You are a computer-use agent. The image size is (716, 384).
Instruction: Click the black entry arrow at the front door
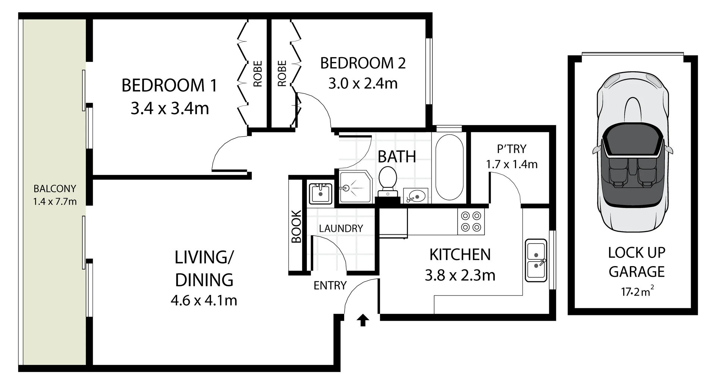(x=363, y=320)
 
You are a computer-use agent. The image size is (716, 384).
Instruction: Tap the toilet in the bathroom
(x=387, y=181)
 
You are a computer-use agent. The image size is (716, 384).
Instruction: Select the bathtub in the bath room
(x=449, y=167)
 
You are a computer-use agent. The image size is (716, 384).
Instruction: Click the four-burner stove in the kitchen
(x=471, y=221)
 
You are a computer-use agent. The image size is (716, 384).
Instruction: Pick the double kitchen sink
(x=536, y=260)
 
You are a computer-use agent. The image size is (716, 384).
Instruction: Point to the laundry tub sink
(x=320, y=193)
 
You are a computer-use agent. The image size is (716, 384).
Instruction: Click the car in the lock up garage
(x=632, y=153)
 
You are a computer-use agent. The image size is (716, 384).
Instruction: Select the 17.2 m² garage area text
(x=637, y=291)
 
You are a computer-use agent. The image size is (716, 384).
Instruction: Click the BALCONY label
(x=54, y=188)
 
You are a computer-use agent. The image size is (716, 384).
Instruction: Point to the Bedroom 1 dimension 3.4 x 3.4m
(x=170, y=109)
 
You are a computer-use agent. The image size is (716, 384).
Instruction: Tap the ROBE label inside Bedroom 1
(x=258, y=74)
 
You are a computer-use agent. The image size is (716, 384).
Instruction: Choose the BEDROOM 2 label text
(x=363, y=63)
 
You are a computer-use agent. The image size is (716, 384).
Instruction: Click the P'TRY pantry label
(x=511, y=149)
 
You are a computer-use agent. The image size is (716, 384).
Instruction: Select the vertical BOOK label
(x=296, y=227)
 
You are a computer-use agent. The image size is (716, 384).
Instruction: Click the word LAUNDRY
(x=341, y=228)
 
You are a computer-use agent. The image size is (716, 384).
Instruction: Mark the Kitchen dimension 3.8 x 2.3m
(x=460, y=275)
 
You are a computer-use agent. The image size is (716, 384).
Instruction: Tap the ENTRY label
(x=330, y=285)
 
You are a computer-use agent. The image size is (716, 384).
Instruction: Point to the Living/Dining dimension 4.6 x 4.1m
(x=204, y=300)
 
